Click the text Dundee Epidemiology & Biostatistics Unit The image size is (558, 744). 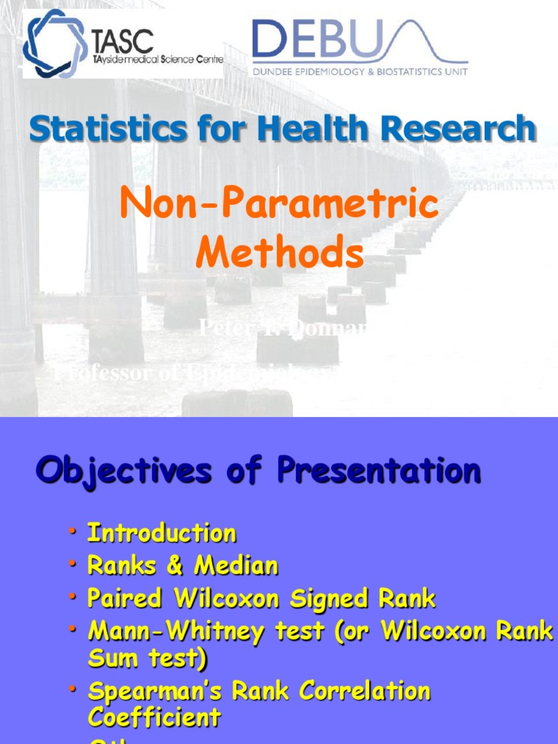tap(360, 71)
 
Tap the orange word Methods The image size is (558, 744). tap(279, 254)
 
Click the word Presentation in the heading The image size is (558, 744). tap(378, 471)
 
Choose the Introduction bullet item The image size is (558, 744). tap(161, 533)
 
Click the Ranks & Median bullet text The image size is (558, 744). tap(182, 565)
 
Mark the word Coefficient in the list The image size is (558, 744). tap(154, 718)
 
